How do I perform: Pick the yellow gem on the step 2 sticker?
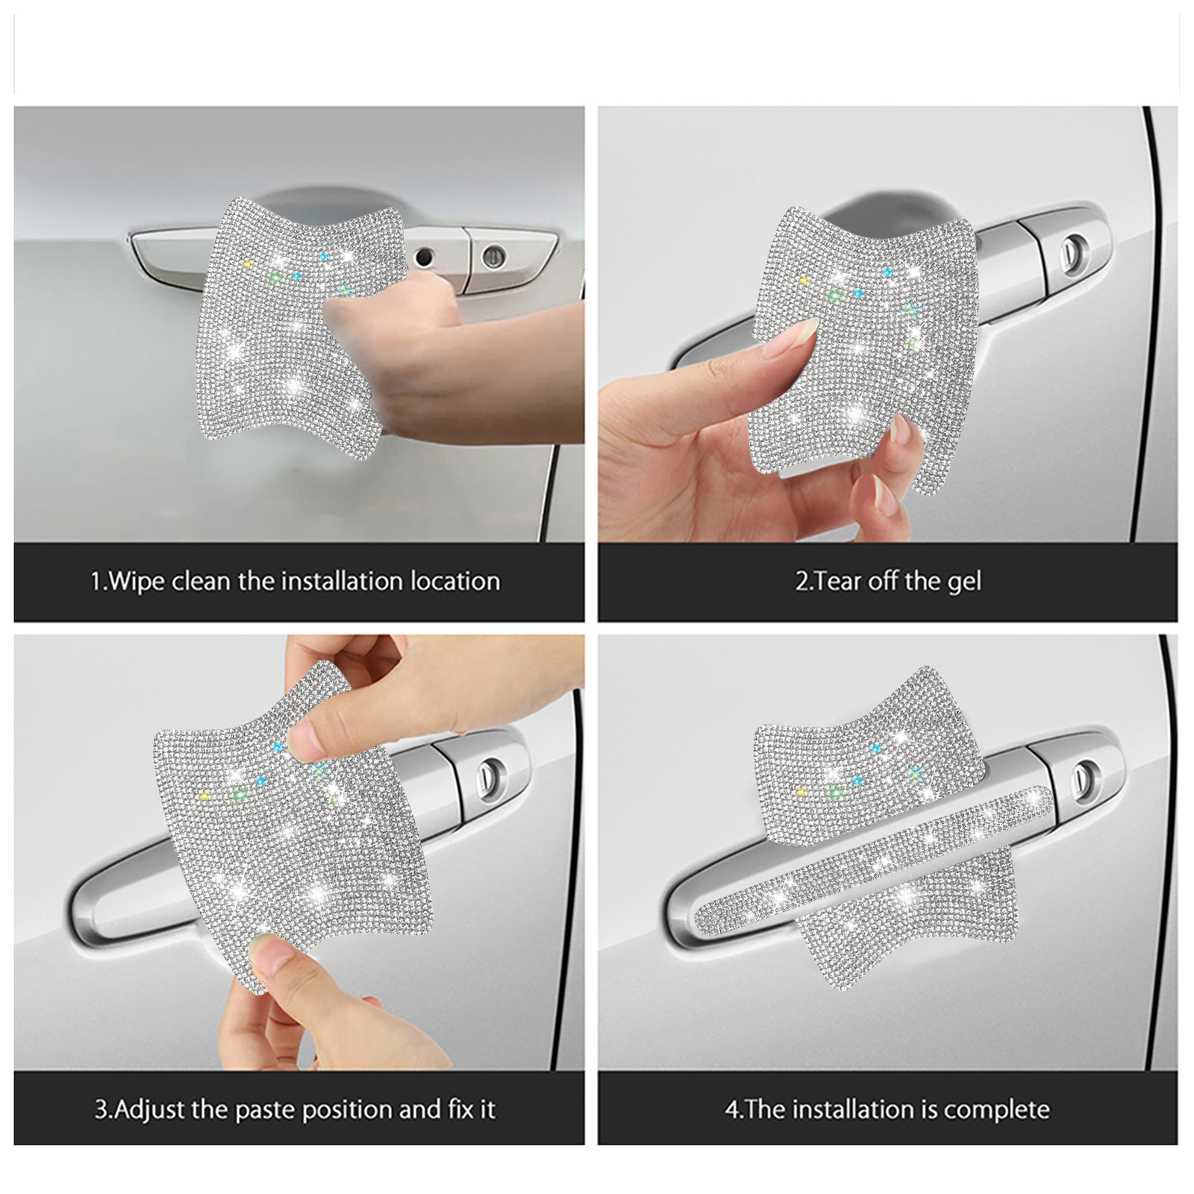tap(804, 281)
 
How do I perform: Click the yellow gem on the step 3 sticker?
tap(204, 796)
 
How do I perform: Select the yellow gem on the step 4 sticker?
tap(803, 792)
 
